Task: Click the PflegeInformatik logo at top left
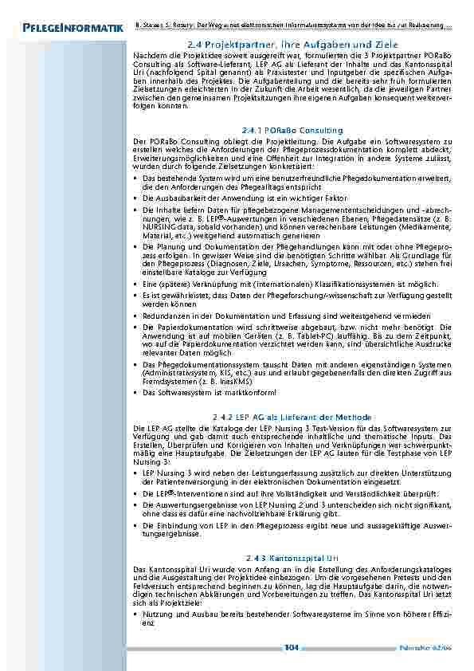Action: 69,29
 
